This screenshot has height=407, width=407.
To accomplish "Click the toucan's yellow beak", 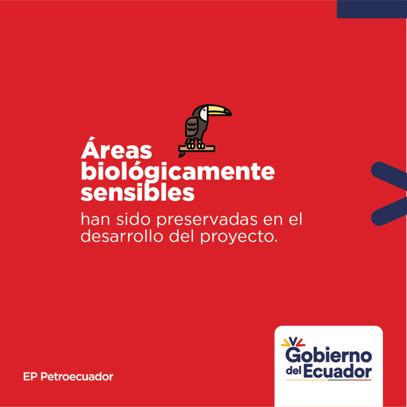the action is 219,110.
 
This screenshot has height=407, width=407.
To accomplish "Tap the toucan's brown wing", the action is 192,127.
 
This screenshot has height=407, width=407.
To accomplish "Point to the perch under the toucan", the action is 197,149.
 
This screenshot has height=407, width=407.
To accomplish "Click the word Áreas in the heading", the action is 116,148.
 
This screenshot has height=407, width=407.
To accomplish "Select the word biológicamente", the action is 178,171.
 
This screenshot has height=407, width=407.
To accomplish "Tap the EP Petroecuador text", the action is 68,377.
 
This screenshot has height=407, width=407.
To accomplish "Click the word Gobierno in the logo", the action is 329,355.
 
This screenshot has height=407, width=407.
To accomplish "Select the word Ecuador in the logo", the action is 337,372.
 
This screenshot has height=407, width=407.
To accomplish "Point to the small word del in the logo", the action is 294,371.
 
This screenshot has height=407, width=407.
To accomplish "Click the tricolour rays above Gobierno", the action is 293,341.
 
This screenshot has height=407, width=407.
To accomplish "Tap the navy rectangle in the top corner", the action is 372,9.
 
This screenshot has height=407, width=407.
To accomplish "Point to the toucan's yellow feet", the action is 196,145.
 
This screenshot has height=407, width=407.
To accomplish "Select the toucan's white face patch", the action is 204,113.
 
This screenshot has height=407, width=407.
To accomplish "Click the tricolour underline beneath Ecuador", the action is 329,380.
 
